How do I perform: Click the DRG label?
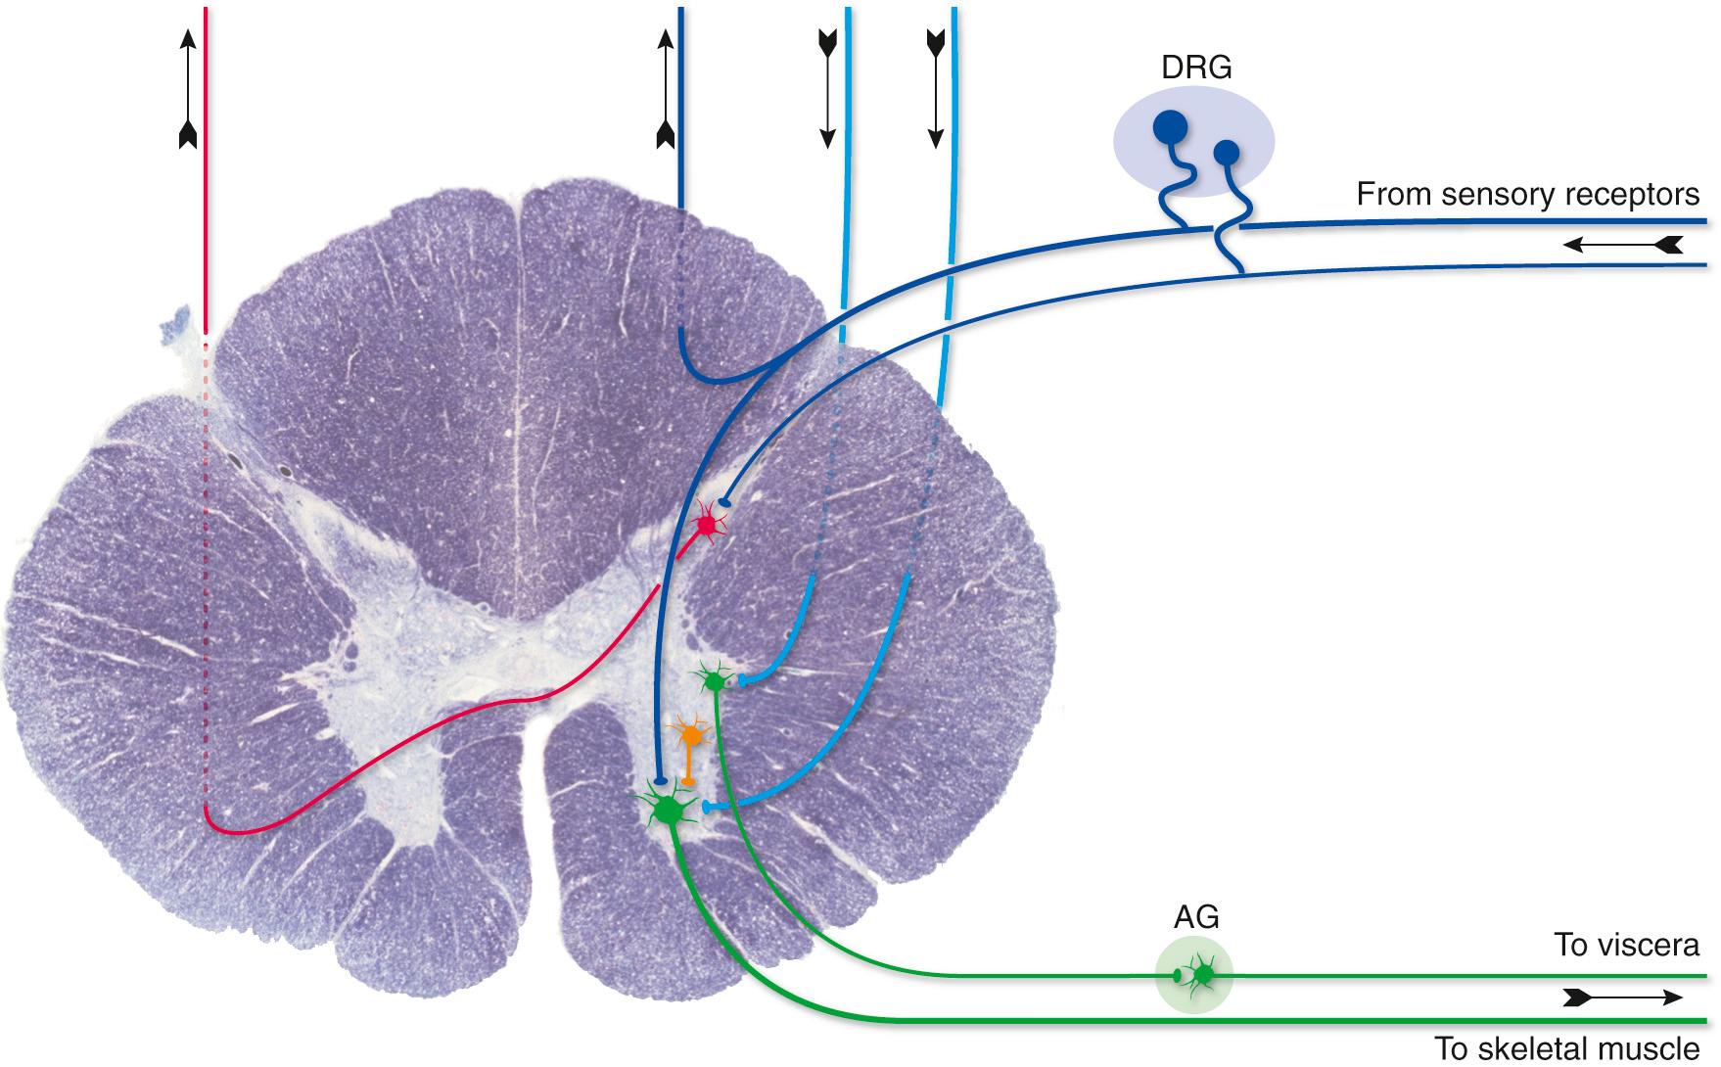click(x=1195, y=68)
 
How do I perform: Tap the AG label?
click(x=1195, y=917)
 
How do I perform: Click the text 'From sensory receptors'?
click(x=1527, y=195)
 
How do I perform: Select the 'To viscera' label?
click(x=1626, y=945)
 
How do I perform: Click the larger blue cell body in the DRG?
click(x=1169, y=126)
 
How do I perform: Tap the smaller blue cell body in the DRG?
click(x=1226, y=153)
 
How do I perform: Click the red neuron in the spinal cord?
click(x=707, y=526)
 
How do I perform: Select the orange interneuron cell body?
click(x=691, y=734)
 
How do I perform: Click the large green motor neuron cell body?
click(x=669, y=810)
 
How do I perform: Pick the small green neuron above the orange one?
click(x=714, y=679)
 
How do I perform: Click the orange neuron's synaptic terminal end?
click(x=689, y=781)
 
